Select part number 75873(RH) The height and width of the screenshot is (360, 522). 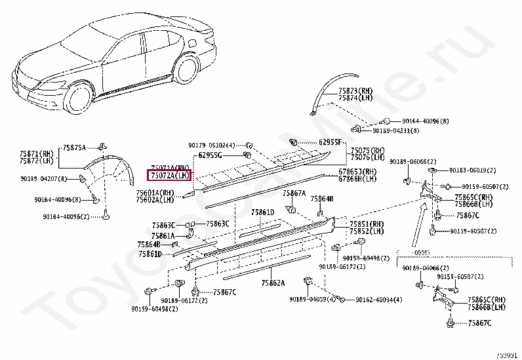click(x=357, y=90)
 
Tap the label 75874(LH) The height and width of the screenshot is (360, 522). click(x=357, y=98)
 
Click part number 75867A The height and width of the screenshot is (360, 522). click(x=294, y=193)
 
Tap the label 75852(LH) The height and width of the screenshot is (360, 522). click(x=368, y=231)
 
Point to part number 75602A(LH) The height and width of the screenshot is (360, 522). click(x=155, y=200)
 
